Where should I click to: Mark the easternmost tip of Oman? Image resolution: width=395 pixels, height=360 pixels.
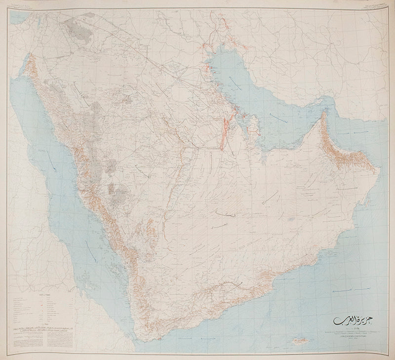(380, 170)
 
